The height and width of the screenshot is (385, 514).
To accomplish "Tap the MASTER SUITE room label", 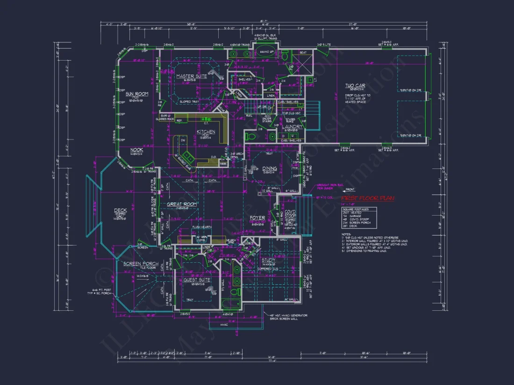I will coord(192,76).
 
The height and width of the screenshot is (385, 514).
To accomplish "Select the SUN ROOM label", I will coord(137,94).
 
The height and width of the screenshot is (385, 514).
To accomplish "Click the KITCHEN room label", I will coord(206,132).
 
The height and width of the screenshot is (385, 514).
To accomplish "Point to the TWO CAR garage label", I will coord(355,86).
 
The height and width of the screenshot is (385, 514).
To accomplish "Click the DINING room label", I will coord(269,168).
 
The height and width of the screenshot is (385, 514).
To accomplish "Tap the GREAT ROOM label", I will coord(182,204).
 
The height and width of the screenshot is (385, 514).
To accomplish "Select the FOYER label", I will coord(257,217).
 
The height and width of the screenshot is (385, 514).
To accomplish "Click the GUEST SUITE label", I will coord(196,280).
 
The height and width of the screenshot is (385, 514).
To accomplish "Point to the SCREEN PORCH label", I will coord(139,264).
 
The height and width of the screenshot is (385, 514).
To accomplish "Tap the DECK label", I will coord(121,210).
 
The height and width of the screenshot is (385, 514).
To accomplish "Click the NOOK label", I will coord(123,150).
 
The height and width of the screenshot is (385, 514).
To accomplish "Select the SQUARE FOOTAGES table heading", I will coord(358,210).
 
